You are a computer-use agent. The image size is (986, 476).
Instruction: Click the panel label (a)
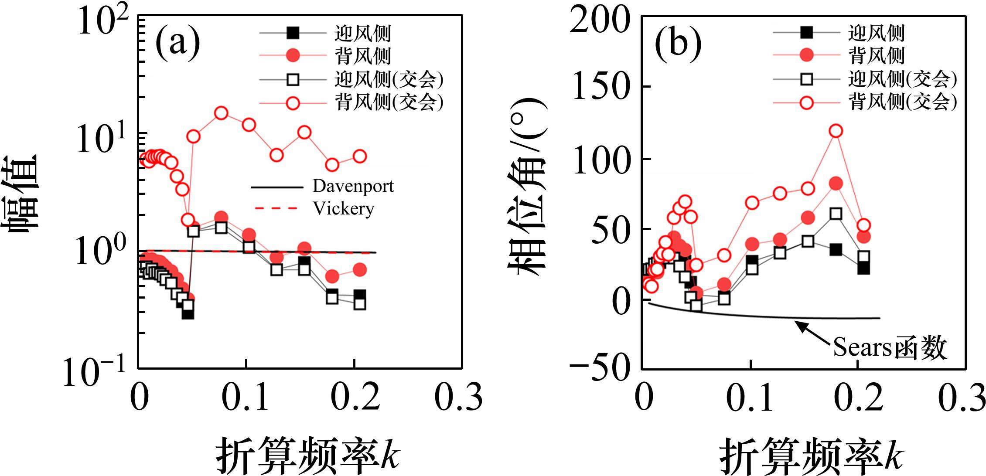(177, 44)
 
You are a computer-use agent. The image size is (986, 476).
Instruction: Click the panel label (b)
(679, 44)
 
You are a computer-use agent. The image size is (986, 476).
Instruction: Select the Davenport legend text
(353, 186)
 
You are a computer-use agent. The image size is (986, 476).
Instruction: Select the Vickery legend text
(343, 208)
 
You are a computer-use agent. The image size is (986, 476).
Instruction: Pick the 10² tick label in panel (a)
(103, 22)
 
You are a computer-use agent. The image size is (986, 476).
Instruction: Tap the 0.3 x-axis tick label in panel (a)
(460, 397)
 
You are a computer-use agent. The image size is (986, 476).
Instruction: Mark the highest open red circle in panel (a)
(221, 113)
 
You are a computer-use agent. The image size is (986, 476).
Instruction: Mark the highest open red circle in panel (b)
(836, 131)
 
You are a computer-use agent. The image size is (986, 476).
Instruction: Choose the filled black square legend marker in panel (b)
(807, 32)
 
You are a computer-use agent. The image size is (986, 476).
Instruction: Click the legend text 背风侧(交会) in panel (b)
(902, 102)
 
